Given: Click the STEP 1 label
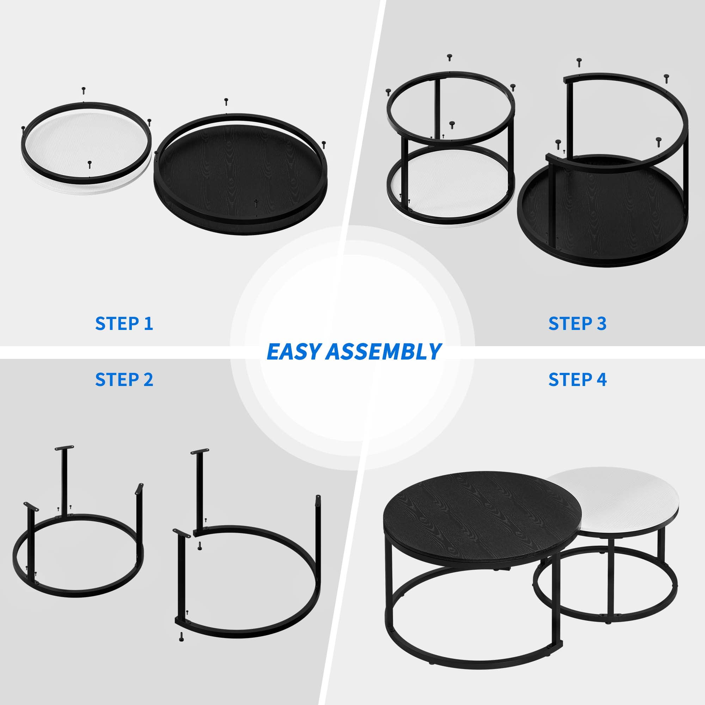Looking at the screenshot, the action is tap(124, 324).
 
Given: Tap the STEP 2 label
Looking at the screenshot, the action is tap(124, 380).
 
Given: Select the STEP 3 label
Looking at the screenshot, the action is tap(577, 324).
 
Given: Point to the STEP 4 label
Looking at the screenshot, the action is tap(577, 380).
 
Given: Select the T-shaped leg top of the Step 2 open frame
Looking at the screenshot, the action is tap(200, 452).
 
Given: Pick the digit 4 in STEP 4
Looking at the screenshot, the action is tap(602, 380).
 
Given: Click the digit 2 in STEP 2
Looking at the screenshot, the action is tap(148, 380).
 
